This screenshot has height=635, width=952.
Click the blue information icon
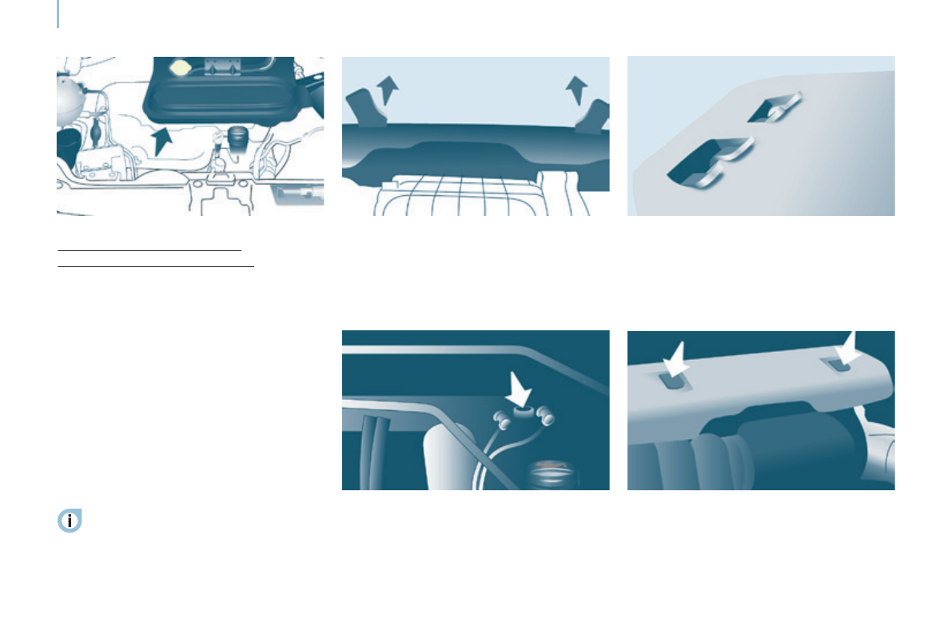(70, 521)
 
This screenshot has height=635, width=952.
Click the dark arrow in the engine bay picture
(161, 141)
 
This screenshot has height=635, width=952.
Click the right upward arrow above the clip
(574, 89)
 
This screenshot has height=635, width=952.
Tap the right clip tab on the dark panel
(595, 117)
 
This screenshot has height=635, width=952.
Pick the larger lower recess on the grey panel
(703, 159)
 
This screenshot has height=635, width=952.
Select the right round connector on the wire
(546, 415)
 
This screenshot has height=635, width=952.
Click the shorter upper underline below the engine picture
(149, 251)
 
